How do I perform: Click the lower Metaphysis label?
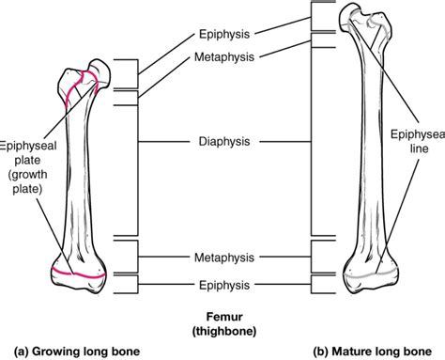click(x=223, y=256)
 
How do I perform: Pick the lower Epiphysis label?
click(x=223, y=283)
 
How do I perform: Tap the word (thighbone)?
click(x=222, y=332)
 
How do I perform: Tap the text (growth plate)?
click(x=32, y=180)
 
